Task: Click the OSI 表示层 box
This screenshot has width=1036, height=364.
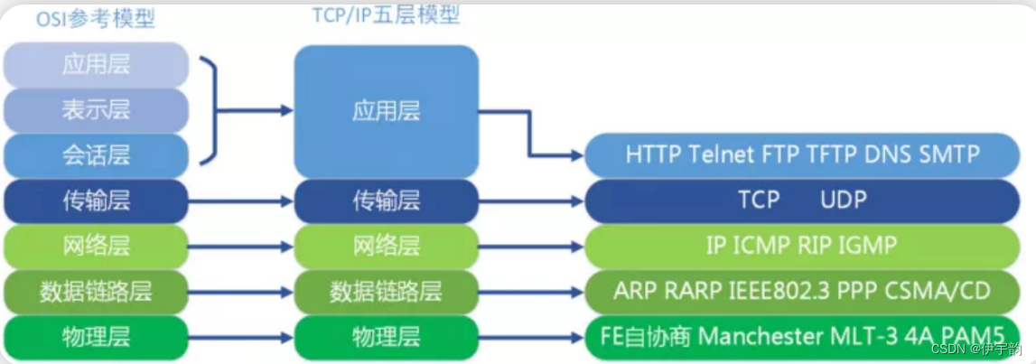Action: (x=96, y=110)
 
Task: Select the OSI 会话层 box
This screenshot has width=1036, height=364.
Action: (x=96, y=154)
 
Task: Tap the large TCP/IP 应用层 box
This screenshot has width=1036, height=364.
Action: (x=386, y=111)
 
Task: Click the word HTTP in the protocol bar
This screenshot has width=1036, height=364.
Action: (x=653, y=154)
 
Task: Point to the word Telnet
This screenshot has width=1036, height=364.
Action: (x=722, y=154)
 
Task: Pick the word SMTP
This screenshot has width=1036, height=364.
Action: (x=949, y=154)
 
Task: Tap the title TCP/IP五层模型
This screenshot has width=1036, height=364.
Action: (x=385, y=15)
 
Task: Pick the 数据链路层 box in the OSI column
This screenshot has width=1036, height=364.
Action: (x=96, y=292)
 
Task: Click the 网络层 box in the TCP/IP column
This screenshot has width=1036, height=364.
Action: (x=386, y=245)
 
